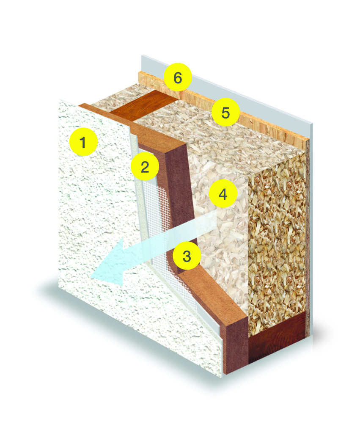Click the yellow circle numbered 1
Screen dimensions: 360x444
click(x=83, y=142)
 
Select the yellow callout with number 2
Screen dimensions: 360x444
click(x=145, y=166)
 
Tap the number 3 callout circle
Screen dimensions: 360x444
click(x=187, y=255)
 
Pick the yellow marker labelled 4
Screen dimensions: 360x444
click(x=223, y=194)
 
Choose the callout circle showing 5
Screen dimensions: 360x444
click(x=225, y=112)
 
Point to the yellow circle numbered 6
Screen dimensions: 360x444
click(x=178, y=77)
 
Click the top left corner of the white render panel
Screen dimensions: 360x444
click(x=59, y=99)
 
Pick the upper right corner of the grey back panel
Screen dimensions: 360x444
click(x=313, y=124)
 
